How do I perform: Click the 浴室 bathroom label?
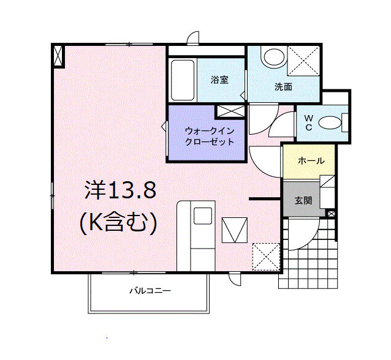[x=219, y=80]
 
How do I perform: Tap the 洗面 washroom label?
[x=283, y=87]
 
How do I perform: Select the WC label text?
[x=309, y=122]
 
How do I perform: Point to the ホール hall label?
[x=311, y=160]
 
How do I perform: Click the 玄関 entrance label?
[x=303, y=200]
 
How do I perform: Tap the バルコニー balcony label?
[x=150, y=291]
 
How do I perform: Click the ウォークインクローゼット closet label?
[x=210, y=137]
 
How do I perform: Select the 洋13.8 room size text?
[x=121, y=190]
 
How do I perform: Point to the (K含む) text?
[x=118, y=222]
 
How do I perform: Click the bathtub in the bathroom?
[x=183, y=80]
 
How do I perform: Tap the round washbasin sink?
[x=274, y=57]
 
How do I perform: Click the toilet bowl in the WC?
[x=330, y=122]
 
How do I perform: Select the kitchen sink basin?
[x=203, y=216]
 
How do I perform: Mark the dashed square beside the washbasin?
[x=303, y=61]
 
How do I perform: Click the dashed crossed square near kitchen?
[x=267, y=257]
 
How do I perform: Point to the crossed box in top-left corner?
[x=58, y=56]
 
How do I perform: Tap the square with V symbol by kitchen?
[x=235, y=230]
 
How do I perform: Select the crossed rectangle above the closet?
[x=230, y=111]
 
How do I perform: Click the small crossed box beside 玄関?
[x=331, y=214]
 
